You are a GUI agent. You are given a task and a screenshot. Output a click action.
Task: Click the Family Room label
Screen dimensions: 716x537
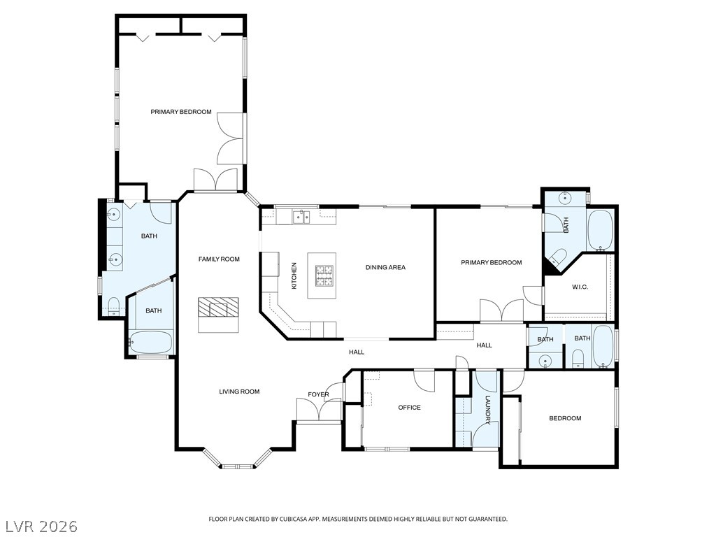coord(219,259)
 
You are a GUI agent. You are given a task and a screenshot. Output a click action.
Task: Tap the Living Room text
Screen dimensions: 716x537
coord(239,392)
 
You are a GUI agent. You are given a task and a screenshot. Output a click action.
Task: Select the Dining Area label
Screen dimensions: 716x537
coord(385,267)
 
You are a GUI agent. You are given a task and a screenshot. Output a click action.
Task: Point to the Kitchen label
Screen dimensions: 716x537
coord(294,275)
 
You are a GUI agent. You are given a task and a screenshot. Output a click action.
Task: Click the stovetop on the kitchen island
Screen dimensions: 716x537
coord(324,275)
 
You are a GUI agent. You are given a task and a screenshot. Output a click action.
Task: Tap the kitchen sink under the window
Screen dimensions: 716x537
coord(301,217)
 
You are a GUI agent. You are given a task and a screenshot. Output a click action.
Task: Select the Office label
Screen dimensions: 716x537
coord(409,408)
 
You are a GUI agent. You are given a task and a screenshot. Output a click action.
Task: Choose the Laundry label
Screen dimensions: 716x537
coord(487,410)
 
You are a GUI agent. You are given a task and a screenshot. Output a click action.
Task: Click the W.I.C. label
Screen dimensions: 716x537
coord(580,287)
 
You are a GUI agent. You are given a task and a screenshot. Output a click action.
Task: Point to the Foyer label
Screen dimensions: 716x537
coord(318,394)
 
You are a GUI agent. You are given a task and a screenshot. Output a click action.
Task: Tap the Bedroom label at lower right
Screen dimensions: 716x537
coord(565,418)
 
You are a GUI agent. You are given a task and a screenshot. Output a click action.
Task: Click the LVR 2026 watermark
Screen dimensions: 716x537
coord(39,527)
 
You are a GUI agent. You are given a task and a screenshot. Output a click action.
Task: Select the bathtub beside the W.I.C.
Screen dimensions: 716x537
coord(601,230)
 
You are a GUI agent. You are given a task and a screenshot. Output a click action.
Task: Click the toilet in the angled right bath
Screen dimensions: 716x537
coord(558,257)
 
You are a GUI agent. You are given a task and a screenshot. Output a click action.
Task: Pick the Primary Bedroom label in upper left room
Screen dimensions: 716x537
coord(181,111)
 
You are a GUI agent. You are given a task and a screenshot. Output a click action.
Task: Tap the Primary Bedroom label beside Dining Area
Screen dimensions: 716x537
coord(491,262)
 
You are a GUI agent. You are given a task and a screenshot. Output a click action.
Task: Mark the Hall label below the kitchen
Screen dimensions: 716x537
coord(357,352)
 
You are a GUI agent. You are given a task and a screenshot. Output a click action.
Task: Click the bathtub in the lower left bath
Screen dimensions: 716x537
coord(151,342)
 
